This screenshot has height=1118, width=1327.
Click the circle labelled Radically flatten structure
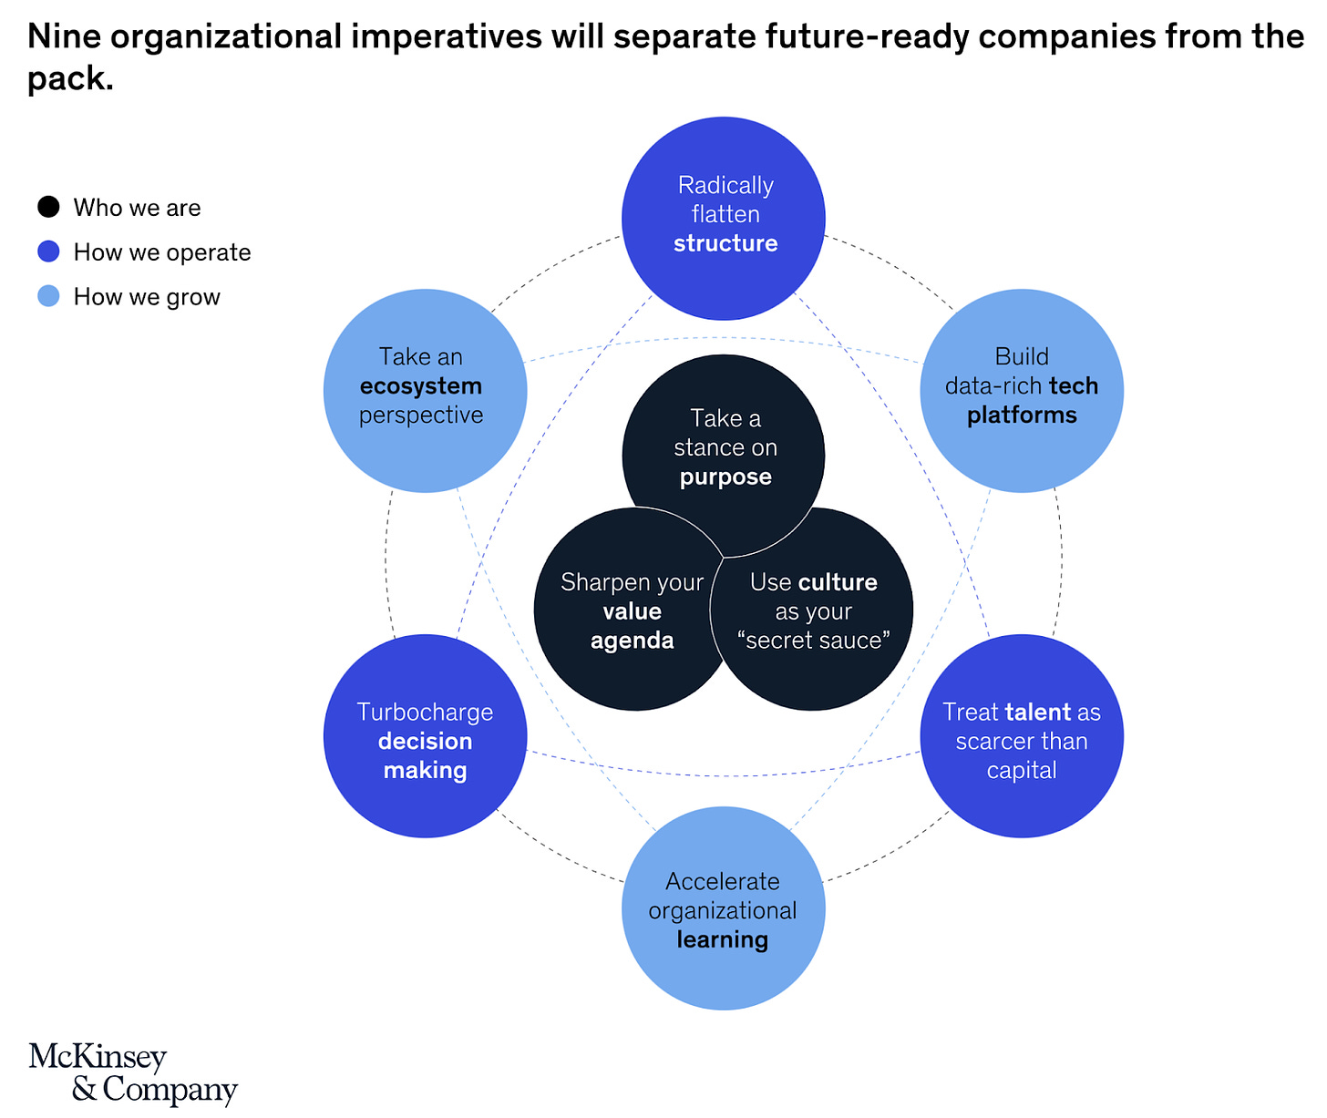724,218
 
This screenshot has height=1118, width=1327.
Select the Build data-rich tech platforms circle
1022,390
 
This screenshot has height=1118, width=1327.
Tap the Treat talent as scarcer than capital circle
1022,736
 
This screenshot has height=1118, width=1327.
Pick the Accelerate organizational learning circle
724,908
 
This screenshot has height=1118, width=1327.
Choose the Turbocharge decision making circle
425,736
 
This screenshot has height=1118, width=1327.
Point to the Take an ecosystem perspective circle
425,390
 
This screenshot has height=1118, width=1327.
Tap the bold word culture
837,582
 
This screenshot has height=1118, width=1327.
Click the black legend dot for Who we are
48,207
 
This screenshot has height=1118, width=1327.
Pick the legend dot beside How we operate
48,251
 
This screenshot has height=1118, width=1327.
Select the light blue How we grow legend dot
48,296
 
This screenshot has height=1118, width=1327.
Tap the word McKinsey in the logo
98,1057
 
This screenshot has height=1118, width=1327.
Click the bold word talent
1038,712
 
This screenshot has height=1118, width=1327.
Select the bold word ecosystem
420,386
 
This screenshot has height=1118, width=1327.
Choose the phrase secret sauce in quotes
813,641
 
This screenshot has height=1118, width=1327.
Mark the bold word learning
723,939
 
